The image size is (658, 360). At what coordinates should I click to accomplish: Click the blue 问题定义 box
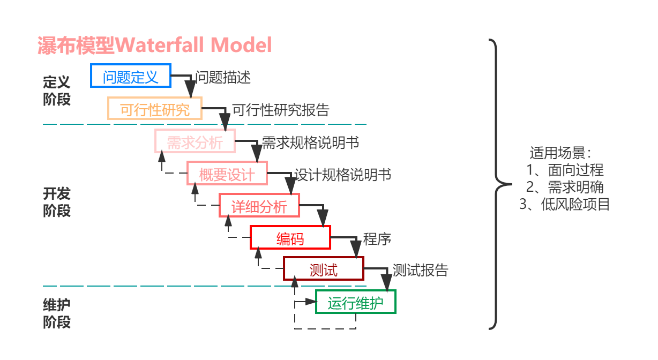click(x=131, y=76)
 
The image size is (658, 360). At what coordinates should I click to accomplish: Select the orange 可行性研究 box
click(x=155, y=109)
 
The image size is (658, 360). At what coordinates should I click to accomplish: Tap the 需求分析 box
click(x=195, y=142)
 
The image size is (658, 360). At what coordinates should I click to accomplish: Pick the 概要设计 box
click(x=227, y=174)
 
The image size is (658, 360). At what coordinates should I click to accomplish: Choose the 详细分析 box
click(x=259, y=206)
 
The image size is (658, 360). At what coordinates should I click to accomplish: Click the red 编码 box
click(x=290, y=238)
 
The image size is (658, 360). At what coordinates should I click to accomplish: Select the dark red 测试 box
click(x=324, y=269)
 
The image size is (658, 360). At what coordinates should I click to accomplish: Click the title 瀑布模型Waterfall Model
click(x=155, y=45)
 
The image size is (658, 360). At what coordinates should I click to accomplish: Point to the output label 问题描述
click(x=223, y=77)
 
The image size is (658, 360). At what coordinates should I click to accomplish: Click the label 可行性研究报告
click(x=280, y=110)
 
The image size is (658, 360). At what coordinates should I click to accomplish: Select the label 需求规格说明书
click(x=310, y=142)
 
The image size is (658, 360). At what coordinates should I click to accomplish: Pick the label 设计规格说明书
click(x=342, y=175)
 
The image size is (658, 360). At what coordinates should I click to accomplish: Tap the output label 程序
click(x=377, y=238)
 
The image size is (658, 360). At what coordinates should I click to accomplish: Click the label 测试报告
click(x=420, y=270)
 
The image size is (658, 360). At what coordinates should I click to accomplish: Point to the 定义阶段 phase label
click(x=57, y=91)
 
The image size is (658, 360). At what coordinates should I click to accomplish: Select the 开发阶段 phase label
click(x=57, y=201)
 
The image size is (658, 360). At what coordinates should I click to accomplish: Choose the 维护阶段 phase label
click(x=57, y=313)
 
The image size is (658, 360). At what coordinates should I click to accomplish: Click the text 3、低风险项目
click(x=565, y=204)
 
